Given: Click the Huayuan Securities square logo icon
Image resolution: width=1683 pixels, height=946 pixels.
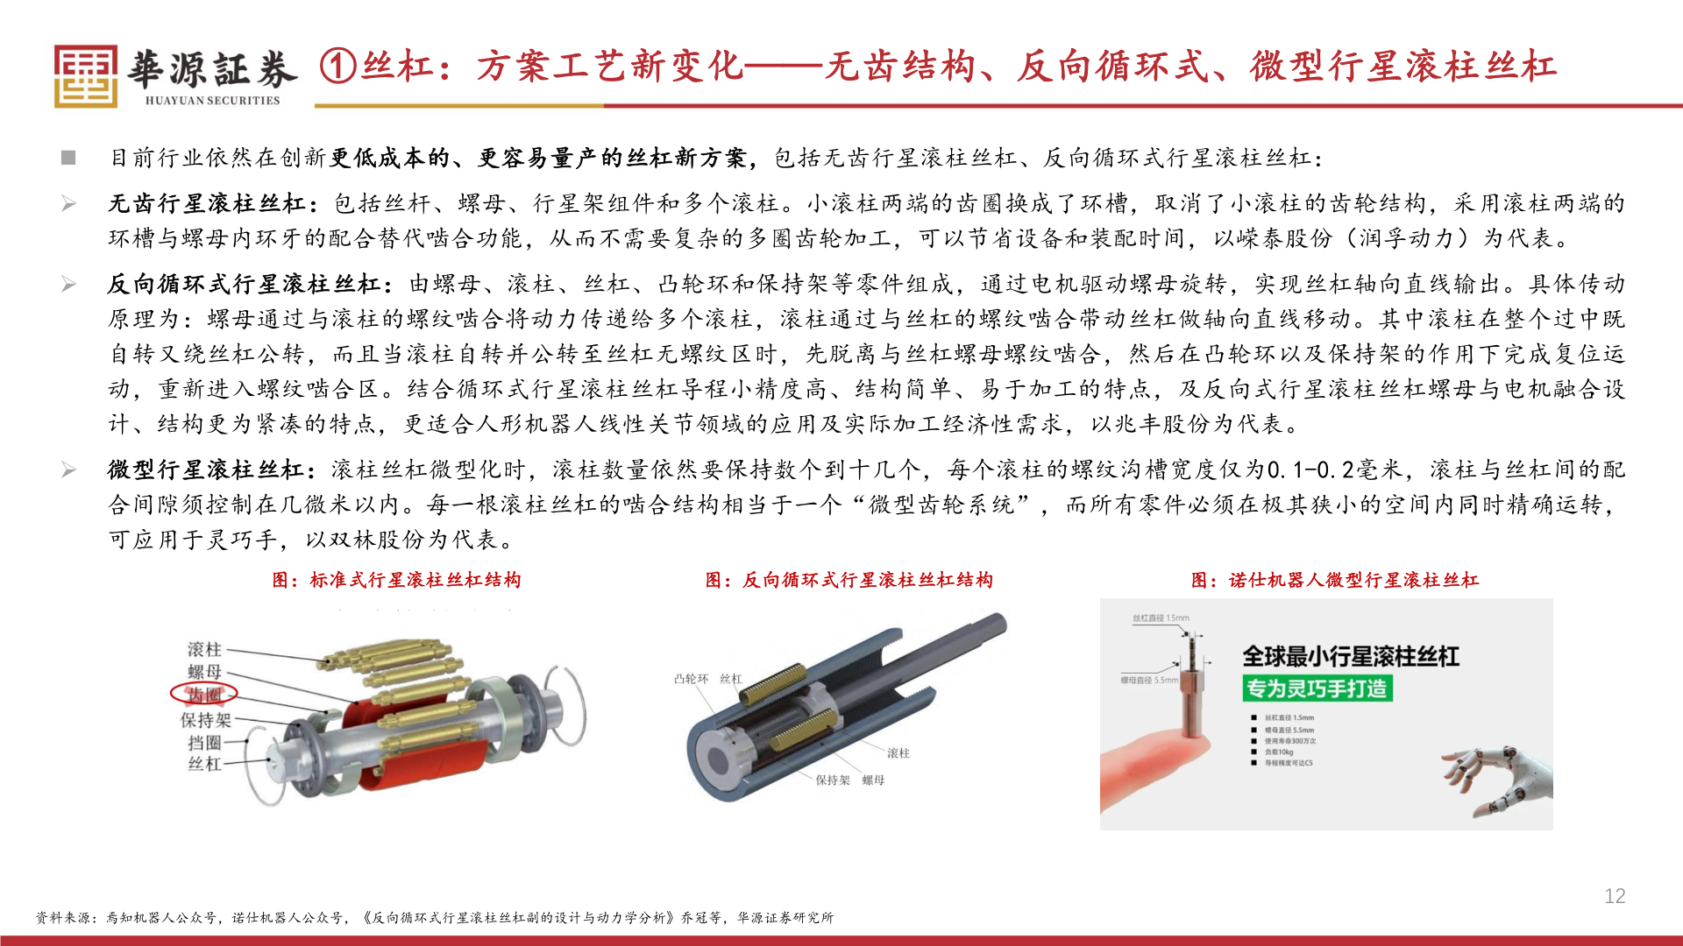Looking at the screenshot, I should (85, 76).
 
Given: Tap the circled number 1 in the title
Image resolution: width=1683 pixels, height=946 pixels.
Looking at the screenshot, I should (337, 66).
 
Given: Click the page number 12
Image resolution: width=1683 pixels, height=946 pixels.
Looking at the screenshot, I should (1615, 896).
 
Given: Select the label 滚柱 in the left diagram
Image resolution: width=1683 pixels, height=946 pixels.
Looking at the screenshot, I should (204, 649).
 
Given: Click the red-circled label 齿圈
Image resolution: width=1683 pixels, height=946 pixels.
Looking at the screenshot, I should (204, 695).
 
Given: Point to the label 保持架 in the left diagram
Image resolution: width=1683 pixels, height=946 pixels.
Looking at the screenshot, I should (206, 720).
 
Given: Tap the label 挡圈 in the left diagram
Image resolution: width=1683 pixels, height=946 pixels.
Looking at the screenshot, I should (204, 743).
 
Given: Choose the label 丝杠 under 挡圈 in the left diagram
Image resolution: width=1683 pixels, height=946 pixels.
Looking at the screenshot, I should (204, 764).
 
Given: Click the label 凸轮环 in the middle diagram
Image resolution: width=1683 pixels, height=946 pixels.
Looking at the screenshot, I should (691, 679).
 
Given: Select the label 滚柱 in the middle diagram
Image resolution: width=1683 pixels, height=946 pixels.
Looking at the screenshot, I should (898, 753).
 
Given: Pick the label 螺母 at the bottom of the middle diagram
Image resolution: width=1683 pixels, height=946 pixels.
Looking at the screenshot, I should (873, 780).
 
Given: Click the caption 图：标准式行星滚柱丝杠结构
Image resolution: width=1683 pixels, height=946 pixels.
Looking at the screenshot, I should (396, 580).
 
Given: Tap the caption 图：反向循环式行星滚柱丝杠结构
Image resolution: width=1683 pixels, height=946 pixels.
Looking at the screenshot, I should (849, 580).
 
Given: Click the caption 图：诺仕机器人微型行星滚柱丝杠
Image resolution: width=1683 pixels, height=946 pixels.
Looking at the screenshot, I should (1334, 580).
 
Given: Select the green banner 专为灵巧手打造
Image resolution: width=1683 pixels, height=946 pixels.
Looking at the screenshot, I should (1317, 688).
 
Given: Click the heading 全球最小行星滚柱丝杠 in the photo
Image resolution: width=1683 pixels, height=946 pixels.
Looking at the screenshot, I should (1350, 656).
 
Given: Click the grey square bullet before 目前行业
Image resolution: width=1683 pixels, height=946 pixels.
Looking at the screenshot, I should (68, 158).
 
